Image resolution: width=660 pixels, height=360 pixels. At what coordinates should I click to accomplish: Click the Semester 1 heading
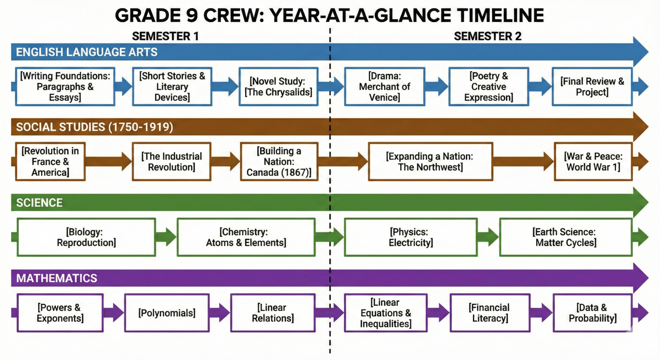point(165,36)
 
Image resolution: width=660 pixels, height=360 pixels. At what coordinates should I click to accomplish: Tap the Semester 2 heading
point(488,36)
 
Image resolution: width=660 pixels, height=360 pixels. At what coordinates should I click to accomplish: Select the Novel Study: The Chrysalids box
point(279,86)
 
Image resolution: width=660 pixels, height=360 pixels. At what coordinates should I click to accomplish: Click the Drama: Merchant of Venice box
point(385,86)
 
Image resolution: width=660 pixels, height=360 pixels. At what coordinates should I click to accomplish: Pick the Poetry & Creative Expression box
point(489,86)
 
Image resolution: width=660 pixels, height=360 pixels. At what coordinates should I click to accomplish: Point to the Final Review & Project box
point(592,86)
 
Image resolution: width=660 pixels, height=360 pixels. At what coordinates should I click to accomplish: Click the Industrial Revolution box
point(171,162)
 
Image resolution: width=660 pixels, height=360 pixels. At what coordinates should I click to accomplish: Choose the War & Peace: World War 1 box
point(593,162)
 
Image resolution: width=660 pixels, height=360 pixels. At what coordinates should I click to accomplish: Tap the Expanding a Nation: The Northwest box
point(431,162)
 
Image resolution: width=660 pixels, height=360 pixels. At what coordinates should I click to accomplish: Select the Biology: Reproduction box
point(86,237)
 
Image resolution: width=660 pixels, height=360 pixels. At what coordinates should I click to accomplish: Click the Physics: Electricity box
point(411,237)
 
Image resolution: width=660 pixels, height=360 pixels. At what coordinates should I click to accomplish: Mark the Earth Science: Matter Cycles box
point(566,237)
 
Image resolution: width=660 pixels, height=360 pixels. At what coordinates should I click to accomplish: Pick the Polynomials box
point(167,313)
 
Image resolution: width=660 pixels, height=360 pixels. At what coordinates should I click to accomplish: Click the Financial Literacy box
point(490,313)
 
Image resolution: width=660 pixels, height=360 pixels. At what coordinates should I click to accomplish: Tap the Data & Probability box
point(593,313)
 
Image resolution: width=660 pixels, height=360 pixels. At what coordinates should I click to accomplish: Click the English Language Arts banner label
point(86,52)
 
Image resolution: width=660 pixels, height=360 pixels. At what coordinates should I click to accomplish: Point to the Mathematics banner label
point(57,278)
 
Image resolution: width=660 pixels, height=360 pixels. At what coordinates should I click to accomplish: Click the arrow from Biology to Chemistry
point(166,237)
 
